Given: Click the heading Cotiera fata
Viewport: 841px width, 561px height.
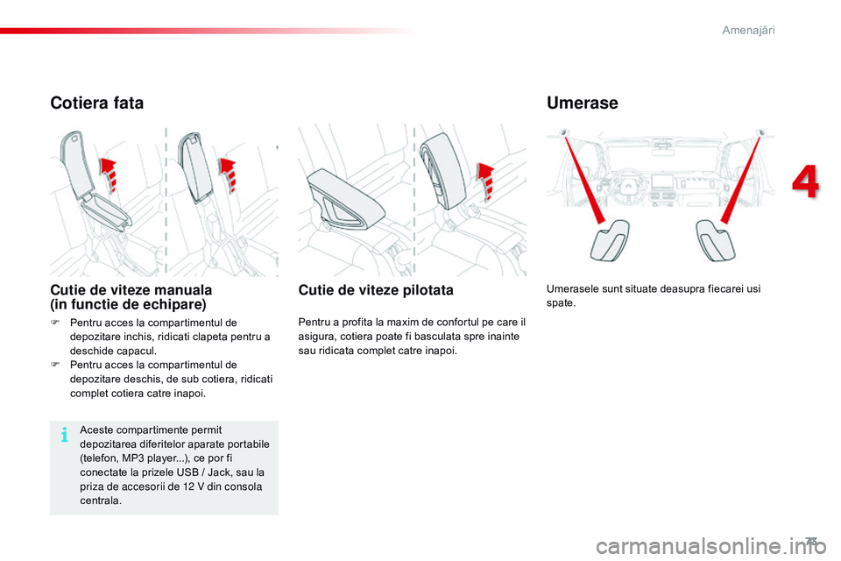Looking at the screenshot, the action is coord(96,103).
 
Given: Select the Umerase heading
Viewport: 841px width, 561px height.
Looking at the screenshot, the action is coord(582,103).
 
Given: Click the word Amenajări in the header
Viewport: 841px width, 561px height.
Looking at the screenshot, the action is coord(749,31).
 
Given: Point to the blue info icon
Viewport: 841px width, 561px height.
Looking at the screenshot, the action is coord(65,434).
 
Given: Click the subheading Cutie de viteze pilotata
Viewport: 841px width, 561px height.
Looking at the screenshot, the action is coord(376,290).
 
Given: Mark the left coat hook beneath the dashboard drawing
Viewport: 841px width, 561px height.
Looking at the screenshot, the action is coord(610,242).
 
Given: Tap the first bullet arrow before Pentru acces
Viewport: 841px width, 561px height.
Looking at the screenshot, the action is coord(55,323).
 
